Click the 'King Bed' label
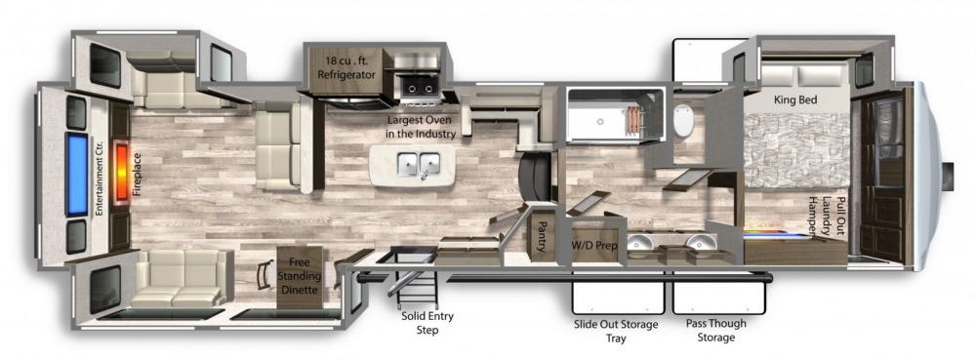pyautogui.click(x=795, y=100)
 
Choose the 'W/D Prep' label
pyautogui.click(x=594, y=246)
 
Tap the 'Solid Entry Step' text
pyautogui.click(x=427, y=323)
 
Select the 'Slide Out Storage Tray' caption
pyautogui.click(x=617, y=331)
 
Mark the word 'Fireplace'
pyautogui.click(x=138, y=176)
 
